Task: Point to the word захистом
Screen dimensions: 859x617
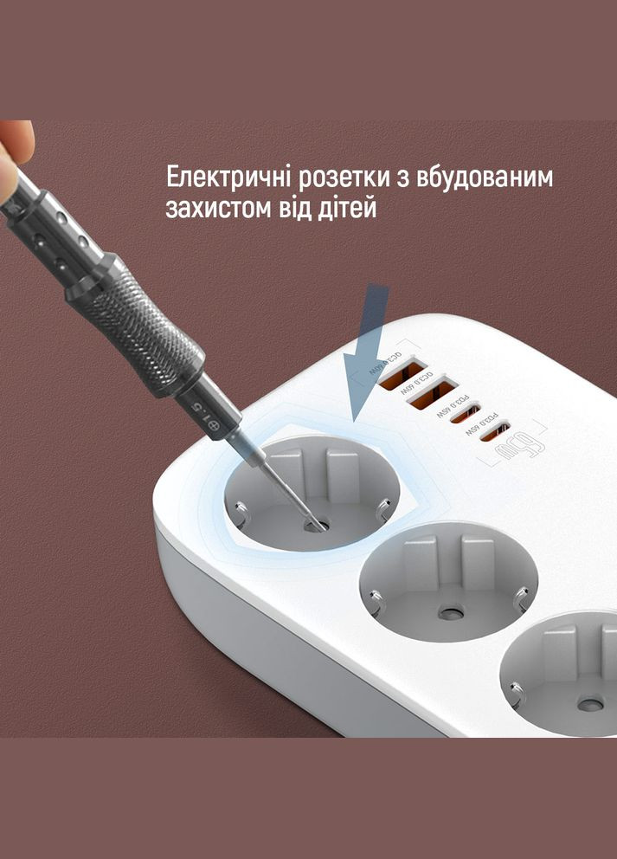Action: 217,209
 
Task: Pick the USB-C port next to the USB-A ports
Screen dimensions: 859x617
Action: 466,412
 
